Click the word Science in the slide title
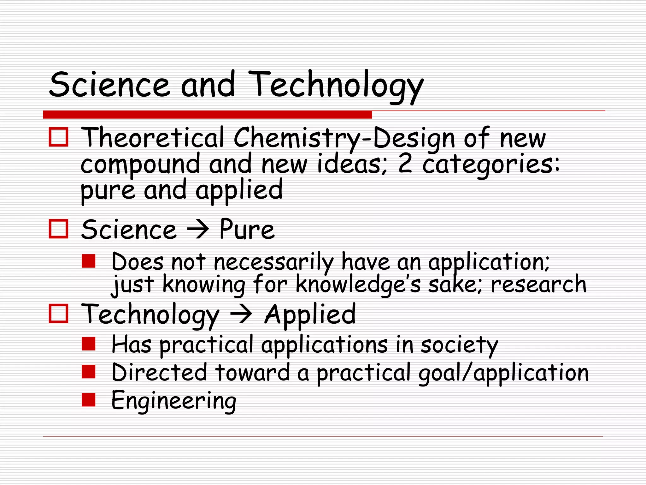[109, 84]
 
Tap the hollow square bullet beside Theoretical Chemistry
[58, 137]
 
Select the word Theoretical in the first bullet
[153, 138]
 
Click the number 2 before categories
[405, 164]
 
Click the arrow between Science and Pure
[198, 230]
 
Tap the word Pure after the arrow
[247, 229]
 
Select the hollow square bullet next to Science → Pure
[58, 229]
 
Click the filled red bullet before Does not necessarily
[88, 261]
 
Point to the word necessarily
[273, 262]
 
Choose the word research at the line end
[539, 284]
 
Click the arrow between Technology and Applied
[241, 314]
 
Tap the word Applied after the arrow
[310, 314]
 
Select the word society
[460, 345]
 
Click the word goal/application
[503, 373]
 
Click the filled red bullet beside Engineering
[88, 399]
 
